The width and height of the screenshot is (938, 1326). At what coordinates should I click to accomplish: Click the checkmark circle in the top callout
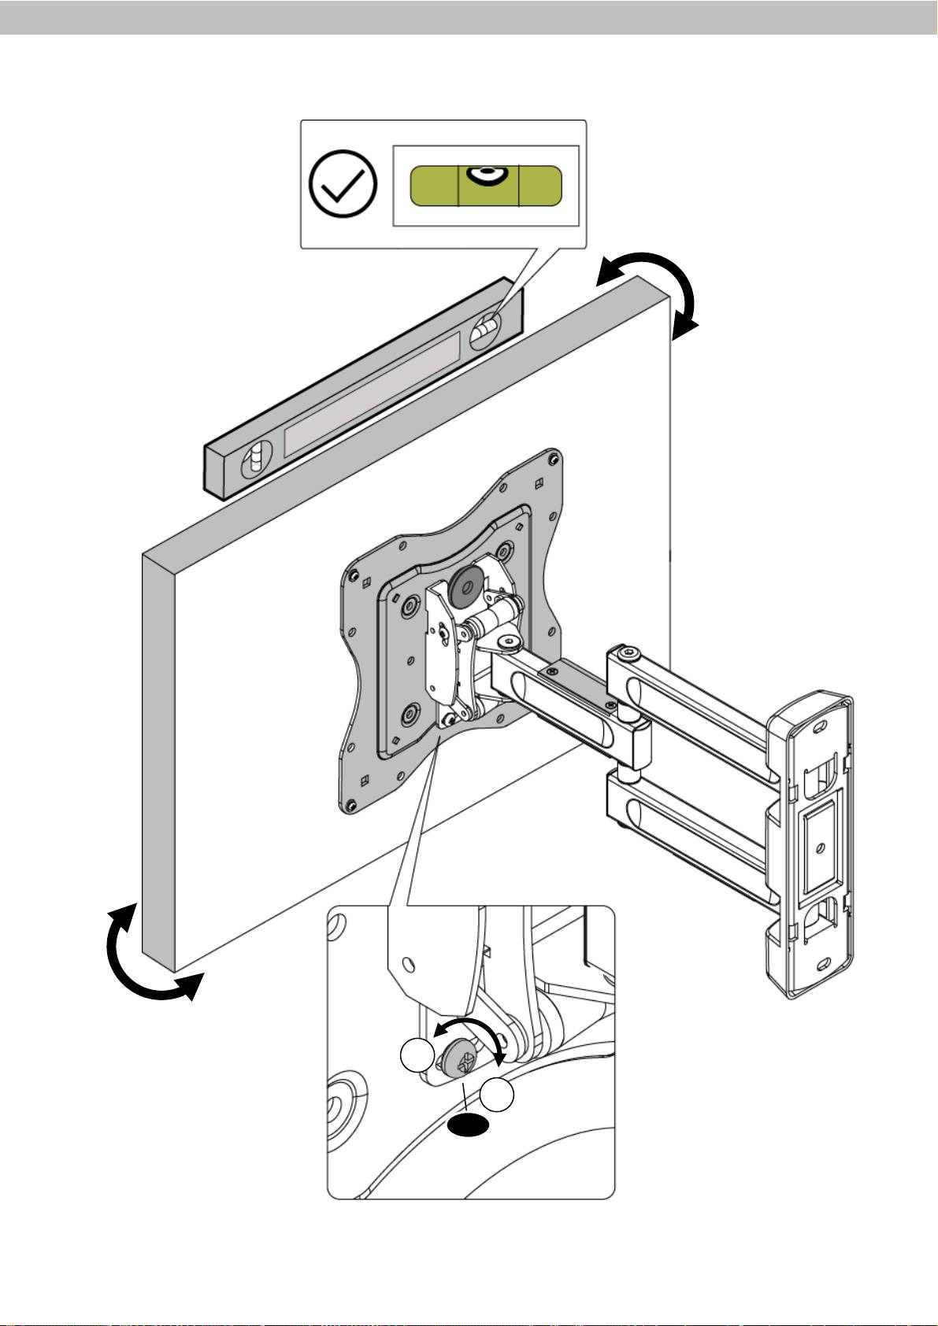(x=343, y=184)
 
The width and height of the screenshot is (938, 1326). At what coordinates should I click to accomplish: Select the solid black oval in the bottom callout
(x=468, y=1126)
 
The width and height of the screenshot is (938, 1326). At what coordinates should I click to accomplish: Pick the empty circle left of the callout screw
(x=417, y=1055)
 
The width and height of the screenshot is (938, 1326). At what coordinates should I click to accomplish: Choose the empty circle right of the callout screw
(x=498, y=1096)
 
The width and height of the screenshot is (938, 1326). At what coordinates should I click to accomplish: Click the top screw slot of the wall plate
(x=824, y=720)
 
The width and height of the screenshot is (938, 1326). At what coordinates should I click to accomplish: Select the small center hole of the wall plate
(x=821, y=848)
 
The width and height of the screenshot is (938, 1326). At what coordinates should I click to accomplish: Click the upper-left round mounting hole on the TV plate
(x=410, y=608)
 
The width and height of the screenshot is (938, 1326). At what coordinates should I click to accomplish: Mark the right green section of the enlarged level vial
(x=540, y=186)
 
